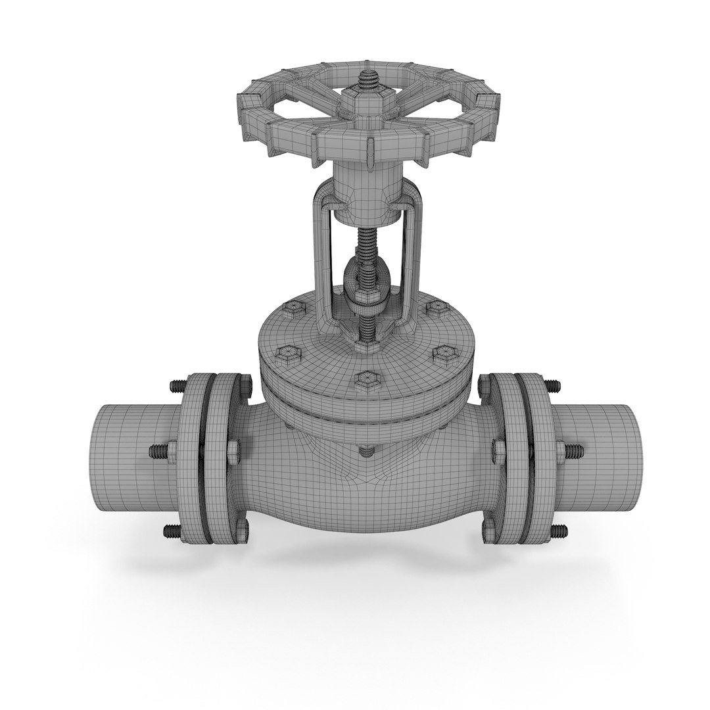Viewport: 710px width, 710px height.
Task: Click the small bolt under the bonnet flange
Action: tap(366, 451)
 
